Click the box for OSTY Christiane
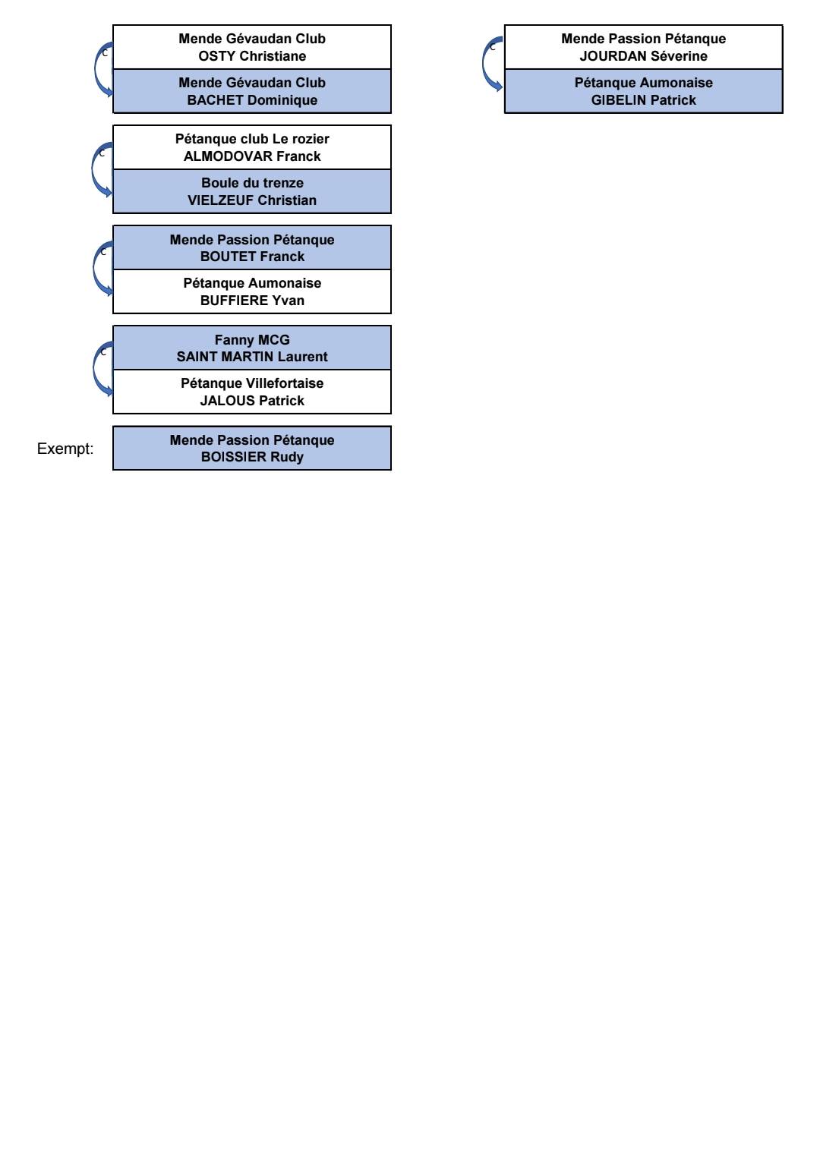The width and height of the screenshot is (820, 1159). pos(252,46)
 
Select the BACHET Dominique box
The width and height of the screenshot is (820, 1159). pos(252,91)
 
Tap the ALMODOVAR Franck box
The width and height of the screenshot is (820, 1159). pos(252,147)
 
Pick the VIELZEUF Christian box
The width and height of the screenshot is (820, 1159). pos(252,191)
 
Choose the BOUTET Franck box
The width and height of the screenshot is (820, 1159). pos(252,247)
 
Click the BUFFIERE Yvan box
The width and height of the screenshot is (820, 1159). pos(252,291)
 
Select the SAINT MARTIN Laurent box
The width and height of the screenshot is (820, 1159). pos(252,348)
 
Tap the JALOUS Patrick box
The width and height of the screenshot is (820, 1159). pos(252,392)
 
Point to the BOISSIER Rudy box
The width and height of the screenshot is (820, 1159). pos(252,448)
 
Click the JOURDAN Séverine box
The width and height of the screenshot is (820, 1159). pos(644,46)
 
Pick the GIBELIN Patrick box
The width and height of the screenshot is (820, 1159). pos(644,91)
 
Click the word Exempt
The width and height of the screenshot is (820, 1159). pos(65,449)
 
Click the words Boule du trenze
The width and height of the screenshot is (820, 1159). pos(252,183)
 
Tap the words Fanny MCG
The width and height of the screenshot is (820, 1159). pos(252,340)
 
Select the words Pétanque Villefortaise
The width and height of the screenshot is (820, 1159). pos(252,383)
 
